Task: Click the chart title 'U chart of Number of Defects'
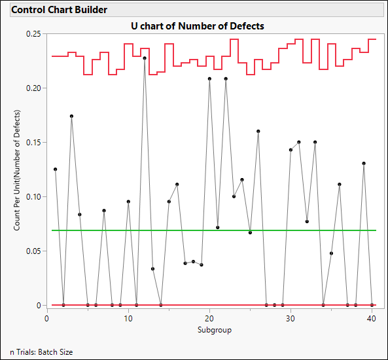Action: [x=211, y=26]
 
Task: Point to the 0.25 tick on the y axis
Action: [x=33, y=33]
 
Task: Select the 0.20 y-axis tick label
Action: [x=33, y=88]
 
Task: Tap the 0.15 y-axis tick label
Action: [x=33, y=142]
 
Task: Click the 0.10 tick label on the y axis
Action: [x=33, y=196]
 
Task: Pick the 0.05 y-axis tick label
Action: [x=33, y=251]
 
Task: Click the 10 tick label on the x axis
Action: [x=128, y=319]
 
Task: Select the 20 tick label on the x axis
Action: [x=209, y=319]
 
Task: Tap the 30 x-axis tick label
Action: [x=291, y=319]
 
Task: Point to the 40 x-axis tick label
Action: [x=372, y=319]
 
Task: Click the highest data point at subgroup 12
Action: [x=145, y=58]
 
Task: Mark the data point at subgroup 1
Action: [x=56, y=169]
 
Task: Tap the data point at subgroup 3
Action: [x=71, y=116]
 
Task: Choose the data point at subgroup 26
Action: [x=258, y=131]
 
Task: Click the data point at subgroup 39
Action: [x=364, y=163]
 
